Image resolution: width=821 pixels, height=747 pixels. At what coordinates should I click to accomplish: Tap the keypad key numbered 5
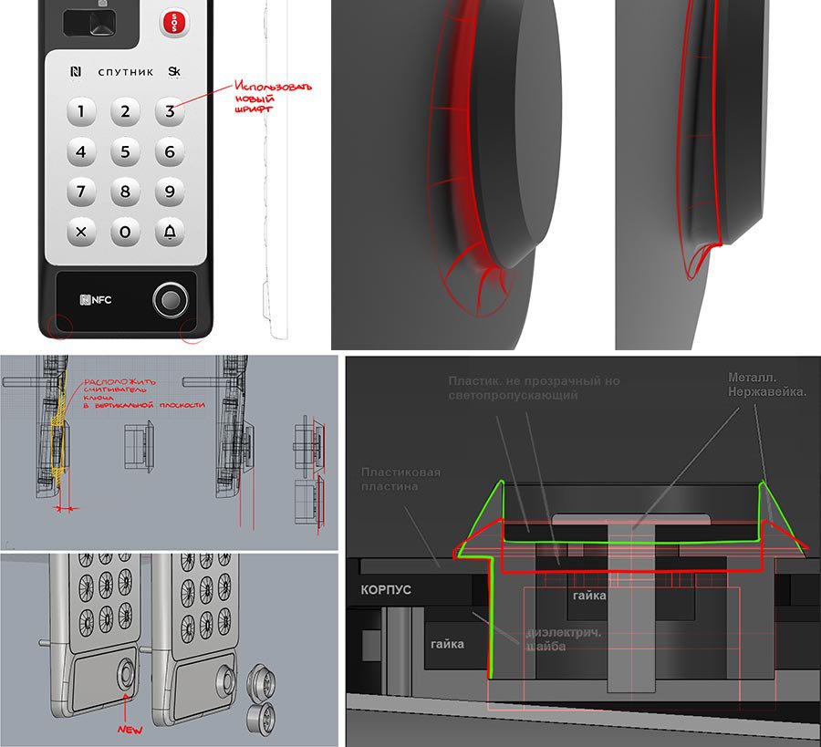click(x=125, y=152)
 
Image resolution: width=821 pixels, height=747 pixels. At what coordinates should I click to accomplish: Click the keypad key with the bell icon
click(x=169, y=232)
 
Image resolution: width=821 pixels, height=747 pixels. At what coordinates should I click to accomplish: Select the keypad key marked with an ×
click(x=81, y=232)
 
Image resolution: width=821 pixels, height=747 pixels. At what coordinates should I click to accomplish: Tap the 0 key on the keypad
click(x=125, y=232)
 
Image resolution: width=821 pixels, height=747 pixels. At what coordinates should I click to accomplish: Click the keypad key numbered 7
click(x=81, y=192)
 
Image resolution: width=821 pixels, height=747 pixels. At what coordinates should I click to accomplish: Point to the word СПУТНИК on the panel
click(x=125, y=72)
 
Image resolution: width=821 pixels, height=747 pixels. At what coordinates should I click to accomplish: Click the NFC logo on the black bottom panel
click(x=95, y=299)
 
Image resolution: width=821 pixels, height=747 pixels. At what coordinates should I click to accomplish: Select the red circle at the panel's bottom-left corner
click(x=57, y=327)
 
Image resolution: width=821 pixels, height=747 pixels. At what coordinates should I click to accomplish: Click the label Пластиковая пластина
click(x=400, y=480)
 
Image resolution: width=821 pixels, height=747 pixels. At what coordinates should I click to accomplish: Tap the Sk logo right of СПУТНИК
click(x=173, y=72)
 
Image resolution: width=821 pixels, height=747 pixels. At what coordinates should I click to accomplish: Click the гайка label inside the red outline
click(x=588, y=595)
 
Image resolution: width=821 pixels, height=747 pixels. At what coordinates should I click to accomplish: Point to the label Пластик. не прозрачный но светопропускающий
click(x=534, y=388)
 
